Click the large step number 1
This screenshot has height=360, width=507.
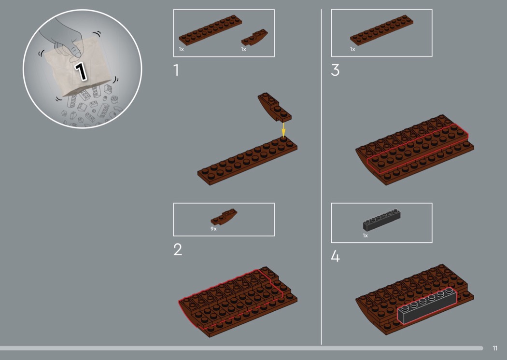click(176, 70)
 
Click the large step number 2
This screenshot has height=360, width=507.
click(178, 249)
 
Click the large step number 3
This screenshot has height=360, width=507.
click(335, 70)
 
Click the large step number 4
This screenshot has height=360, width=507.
click(335, 256)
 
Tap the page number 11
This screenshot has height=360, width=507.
click(495, 348)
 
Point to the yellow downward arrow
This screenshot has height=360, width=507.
click(283, 130)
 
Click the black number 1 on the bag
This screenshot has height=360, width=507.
click(81, 71)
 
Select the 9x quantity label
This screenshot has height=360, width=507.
click(213, 229)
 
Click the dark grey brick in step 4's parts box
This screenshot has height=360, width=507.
click(381, 220)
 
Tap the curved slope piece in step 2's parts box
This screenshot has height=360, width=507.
click(224, 217)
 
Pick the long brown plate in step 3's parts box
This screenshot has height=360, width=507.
click(381, 30)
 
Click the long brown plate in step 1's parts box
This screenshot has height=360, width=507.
click(210, 30)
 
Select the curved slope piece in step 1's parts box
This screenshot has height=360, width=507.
click(254, 37)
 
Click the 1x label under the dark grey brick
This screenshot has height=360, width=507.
click(366, 235)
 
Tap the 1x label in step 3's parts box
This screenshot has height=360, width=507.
click(352, 49)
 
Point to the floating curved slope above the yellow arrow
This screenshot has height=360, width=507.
click(275, 107)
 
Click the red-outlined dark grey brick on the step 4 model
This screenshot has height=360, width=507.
click(427, 305)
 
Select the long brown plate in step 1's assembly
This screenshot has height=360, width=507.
click(247, 160)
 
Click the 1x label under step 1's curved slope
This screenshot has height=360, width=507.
click(243, 49)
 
